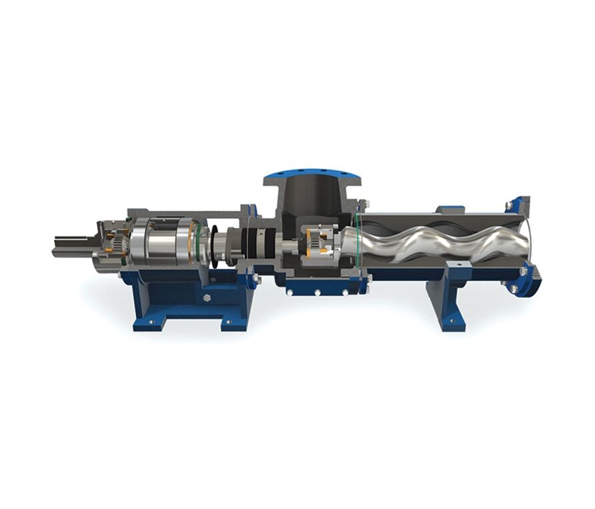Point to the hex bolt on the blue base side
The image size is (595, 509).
(x=206, y=297)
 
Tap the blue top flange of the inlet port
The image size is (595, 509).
(x=312, y=178)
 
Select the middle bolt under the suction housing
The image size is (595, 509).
(x=318, y=292)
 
